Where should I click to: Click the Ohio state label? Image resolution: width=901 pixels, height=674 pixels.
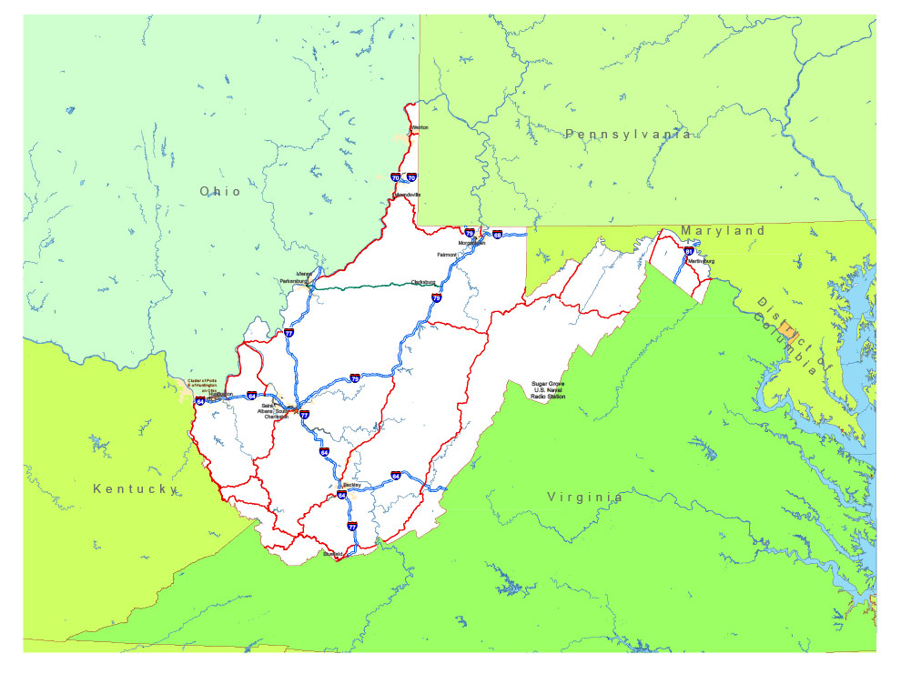tap(221, 191)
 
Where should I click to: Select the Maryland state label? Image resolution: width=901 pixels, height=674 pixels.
tap(723, 231)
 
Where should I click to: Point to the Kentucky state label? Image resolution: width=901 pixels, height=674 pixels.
tap(135, 489)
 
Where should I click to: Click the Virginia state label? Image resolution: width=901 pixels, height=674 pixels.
tap(585, 498)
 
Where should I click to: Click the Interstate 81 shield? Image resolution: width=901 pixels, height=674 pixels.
tap(689, 251)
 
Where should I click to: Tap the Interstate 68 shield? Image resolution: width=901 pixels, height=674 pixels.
tap(497, 235)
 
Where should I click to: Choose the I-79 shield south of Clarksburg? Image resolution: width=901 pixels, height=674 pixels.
tap(436, 297)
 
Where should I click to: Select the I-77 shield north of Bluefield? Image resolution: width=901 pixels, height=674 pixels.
tap(352, 527)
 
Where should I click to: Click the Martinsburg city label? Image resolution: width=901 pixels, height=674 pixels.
tap(701, 262)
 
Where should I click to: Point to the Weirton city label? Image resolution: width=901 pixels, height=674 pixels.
tap(419, 127)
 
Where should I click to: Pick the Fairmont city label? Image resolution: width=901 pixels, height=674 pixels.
tap(447, 255)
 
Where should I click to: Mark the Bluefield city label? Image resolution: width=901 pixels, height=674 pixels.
tap(333, 553)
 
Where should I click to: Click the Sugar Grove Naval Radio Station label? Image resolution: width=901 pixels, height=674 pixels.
tap(548, 390)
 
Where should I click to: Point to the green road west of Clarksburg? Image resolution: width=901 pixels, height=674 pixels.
tap(364, 287)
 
